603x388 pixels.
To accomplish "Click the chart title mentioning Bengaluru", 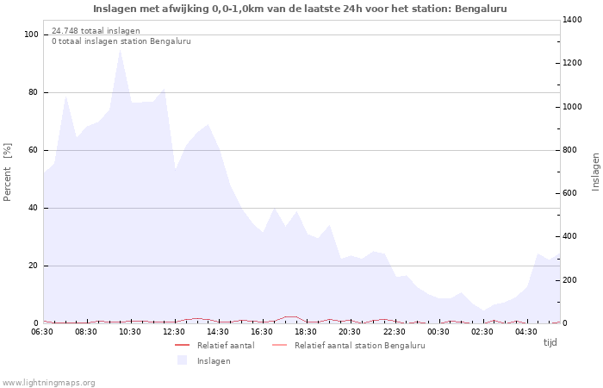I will [300, 9].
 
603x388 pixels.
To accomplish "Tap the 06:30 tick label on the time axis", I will [43, 331].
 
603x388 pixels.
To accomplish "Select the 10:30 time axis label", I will [131, 331].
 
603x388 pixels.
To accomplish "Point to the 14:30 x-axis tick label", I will [219, 331].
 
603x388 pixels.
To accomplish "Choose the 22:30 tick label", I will [395, 331].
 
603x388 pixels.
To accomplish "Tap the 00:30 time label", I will [438, 331].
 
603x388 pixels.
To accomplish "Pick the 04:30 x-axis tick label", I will [526, 331].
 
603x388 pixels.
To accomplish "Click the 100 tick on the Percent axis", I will [32, 34].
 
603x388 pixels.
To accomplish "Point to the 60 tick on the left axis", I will [34, 150].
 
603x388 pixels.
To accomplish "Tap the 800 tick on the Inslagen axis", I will [572, 150].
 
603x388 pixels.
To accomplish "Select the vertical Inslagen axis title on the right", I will [595, 172].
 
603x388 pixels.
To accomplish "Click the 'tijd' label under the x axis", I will [550, 342].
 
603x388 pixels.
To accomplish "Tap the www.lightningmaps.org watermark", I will [49, 382].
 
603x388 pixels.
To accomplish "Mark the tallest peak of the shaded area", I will [120, 49].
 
